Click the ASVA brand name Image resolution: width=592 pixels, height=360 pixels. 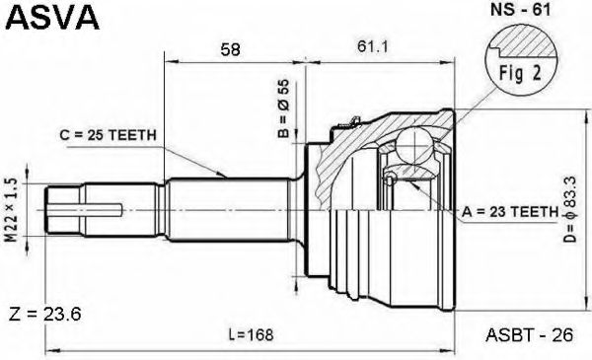53,17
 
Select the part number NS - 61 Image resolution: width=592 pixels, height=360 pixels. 520,10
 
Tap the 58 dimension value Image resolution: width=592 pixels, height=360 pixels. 230,49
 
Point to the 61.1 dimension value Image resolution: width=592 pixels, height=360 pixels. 373,46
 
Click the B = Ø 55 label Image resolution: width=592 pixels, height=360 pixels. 283,108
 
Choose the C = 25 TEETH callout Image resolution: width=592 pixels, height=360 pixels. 108,135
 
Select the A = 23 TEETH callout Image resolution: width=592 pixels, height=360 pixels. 510,212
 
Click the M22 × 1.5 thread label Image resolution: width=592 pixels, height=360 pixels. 13,210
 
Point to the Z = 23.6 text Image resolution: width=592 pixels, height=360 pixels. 44,314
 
